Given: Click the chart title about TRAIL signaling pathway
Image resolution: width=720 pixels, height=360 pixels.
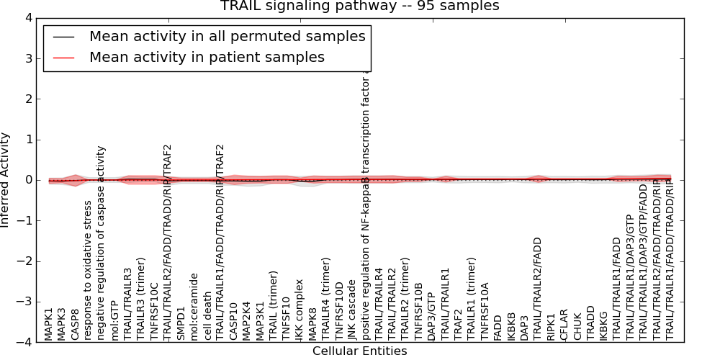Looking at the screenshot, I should [359, 6].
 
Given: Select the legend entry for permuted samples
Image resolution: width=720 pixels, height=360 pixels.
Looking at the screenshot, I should [227, 36].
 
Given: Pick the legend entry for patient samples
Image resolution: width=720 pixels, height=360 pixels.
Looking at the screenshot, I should [207, 57].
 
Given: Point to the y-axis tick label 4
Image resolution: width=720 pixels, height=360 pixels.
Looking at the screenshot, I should [27, 18].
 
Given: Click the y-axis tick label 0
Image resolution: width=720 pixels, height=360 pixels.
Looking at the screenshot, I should [27, 180].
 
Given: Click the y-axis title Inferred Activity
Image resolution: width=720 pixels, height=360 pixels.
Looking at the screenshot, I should [6, 180].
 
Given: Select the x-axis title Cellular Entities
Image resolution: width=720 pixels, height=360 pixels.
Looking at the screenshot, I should [359, 351].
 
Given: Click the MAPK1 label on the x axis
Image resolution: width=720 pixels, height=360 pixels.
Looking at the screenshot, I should [49, 323].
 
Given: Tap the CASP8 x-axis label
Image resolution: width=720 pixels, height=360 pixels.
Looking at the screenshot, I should [75, 324].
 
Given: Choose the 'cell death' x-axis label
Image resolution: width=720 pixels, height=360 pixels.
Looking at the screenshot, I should [207, 316].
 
